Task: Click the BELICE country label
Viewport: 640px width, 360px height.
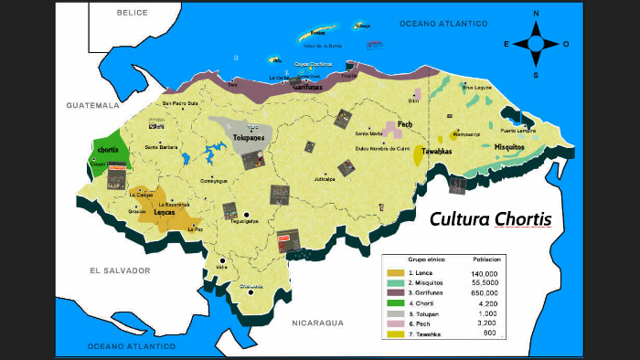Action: click(133, 14)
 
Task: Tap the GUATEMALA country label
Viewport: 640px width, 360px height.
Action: click(93, 106)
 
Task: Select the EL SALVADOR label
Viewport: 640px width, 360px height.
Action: click(119, 270)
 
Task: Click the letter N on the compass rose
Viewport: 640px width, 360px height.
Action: click(536, 13)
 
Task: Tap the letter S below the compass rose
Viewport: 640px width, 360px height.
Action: click(536, 74)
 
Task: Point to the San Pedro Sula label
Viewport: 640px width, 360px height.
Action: click(179, 104)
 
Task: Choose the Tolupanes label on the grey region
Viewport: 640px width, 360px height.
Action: click(249, 136)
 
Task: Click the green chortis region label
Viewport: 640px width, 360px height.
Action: click(108, 148)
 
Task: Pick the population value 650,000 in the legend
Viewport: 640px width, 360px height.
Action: click(485, 293)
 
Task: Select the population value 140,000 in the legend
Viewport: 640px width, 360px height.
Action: click(485, 273)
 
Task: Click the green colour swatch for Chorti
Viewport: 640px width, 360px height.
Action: click(395, 303)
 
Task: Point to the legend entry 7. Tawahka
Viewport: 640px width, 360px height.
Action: click(425, 334)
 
